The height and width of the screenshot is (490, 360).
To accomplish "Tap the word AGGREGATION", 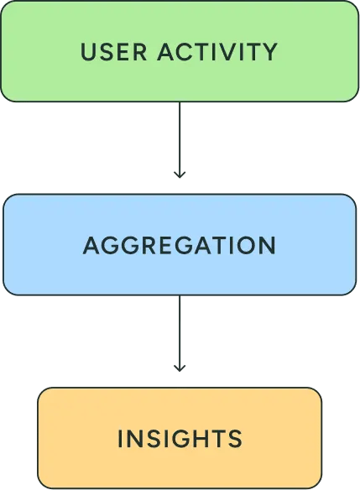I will click(180, 246).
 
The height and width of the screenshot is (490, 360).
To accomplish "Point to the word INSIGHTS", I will click(180, 438).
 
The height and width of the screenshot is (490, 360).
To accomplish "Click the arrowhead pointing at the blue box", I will click(180, 174).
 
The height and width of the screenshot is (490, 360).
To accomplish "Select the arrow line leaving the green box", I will click(180, 134).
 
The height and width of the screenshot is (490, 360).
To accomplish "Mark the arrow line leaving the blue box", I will click(180, 329).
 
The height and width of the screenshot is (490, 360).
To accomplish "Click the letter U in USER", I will click(88, 52).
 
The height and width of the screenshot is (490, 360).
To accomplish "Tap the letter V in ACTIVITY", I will click(224, 52).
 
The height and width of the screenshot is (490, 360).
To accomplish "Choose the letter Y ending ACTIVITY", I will click(269, 52).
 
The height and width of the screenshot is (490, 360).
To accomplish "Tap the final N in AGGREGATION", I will click(268, 246).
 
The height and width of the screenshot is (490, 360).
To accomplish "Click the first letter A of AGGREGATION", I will click(91, 246).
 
